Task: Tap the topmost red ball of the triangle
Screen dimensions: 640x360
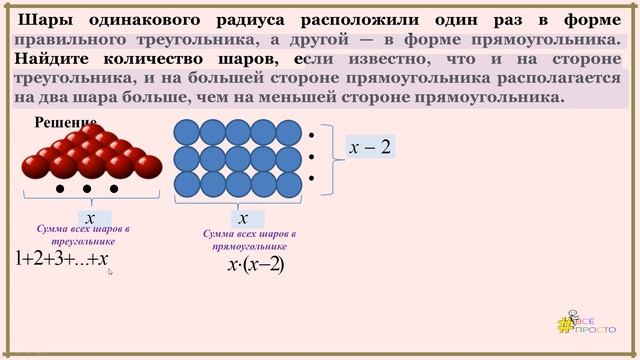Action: [87, 131]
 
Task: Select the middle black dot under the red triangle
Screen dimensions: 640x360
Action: [87, 188]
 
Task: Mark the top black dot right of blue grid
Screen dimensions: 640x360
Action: [312, 133]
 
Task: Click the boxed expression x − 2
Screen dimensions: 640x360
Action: [370, 147]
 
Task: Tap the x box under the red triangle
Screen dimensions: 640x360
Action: [90, 217]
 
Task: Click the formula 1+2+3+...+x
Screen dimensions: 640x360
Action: [62, 258]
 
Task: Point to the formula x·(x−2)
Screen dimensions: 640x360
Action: [256, 265]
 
